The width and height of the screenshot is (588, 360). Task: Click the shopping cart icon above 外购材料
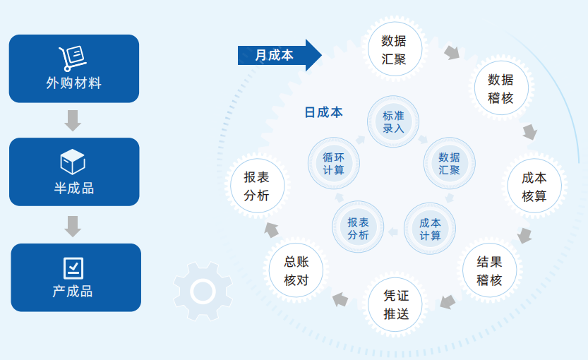[73, 59]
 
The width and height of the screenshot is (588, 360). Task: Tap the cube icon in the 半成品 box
[73, 162]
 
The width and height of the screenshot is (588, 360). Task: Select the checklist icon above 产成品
[73, 268]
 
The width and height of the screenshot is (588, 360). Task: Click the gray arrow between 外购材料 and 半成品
[73, 121]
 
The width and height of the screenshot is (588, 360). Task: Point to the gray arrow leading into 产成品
[73, 227]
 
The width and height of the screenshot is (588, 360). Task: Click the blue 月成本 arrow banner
[280, 55]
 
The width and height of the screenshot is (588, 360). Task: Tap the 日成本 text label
[323, 112]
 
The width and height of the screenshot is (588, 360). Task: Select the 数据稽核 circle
[501, 88]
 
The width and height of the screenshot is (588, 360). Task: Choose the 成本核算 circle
[534, 186]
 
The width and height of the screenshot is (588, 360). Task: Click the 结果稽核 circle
[489, 270]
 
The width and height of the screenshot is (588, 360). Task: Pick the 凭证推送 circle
[395, 304]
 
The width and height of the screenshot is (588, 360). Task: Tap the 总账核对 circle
[296, 270]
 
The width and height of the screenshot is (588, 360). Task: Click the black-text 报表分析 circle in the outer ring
[257, 186]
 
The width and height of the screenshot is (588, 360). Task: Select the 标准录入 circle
[393, 121]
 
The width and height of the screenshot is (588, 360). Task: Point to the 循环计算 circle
[334, 163]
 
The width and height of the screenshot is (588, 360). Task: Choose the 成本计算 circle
[430, 229]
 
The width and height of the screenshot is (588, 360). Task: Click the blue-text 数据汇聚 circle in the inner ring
[449, 163]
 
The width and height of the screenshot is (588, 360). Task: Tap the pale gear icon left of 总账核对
[203, 292]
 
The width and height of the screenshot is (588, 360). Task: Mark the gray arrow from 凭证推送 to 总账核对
[340, 299]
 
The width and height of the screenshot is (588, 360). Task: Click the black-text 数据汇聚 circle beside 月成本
[395, 49]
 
